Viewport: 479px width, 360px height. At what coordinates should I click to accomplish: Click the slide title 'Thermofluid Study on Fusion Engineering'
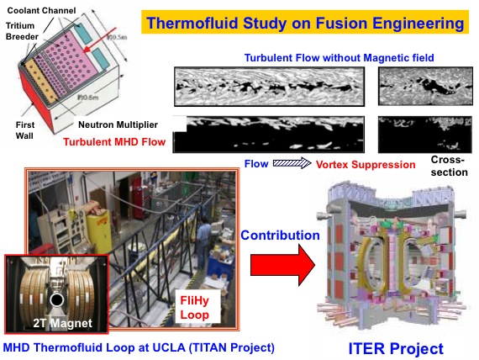pos(305,23)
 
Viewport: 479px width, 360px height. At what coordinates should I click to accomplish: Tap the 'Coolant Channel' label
pos(41,11)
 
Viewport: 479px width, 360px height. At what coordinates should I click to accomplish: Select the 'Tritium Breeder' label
pos(22,31)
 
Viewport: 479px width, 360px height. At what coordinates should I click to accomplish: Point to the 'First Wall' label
pos(24,130)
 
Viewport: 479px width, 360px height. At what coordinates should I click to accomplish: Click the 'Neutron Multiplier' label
pos(118,124)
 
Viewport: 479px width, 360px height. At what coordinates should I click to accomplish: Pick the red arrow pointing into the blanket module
pos(100,40)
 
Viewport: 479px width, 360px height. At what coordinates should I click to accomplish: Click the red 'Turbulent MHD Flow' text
pos(114,142)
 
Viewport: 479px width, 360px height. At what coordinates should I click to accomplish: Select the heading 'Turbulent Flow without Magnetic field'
pos(340,58)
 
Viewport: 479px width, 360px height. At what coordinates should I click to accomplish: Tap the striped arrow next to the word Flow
pos(292,163)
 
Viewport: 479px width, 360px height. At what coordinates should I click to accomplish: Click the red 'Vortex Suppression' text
pos(366,165)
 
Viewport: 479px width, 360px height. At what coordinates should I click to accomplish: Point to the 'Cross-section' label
pos(449,166)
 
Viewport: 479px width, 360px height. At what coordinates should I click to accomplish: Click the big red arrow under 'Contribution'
pos(282,265)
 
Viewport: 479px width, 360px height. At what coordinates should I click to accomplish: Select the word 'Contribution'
pos(280,236)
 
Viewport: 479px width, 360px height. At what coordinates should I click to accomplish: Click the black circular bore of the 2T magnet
pos(56,300)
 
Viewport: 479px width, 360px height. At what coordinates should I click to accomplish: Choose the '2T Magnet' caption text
pos(63,323)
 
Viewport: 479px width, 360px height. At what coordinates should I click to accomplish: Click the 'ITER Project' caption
pos(396,349)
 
